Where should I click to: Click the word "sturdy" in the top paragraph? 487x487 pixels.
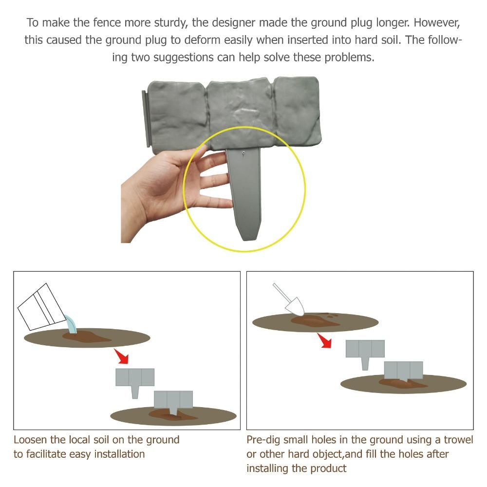pos(167,23)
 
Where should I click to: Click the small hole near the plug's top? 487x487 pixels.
pos(244,153)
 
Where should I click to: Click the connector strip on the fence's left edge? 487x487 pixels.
pos(146,119)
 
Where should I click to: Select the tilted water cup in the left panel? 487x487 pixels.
pos(41,307)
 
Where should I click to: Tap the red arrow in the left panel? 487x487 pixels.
pos(121,356)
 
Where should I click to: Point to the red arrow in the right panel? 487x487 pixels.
pos(324,340)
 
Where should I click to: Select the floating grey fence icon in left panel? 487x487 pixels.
pos(135,382)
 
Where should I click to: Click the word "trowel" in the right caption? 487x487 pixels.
pos(458,440)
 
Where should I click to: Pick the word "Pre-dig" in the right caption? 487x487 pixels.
pos(263,440)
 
